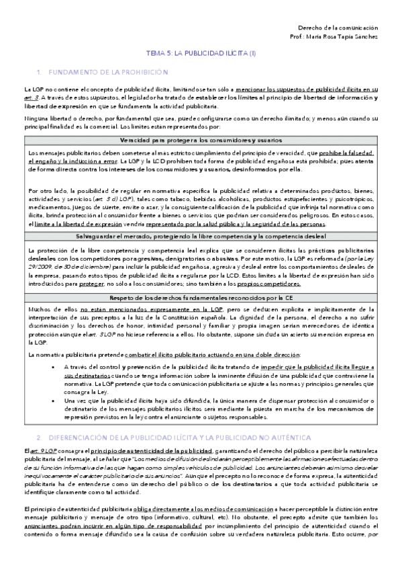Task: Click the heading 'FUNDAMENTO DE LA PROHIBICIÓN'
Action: [x=106, y=71]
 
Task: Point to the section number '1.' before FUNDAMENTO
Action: [x=40, y=71]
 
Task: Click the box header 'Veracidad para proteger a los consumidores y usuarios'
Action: [x=201, y=140]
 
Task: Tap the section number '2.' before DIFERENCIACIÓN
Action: [x=40, y=436]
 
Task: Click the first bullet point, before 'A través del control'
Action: [x=53, y=366]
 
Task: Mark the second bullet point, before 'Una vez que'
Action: [x=53, y=400]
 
